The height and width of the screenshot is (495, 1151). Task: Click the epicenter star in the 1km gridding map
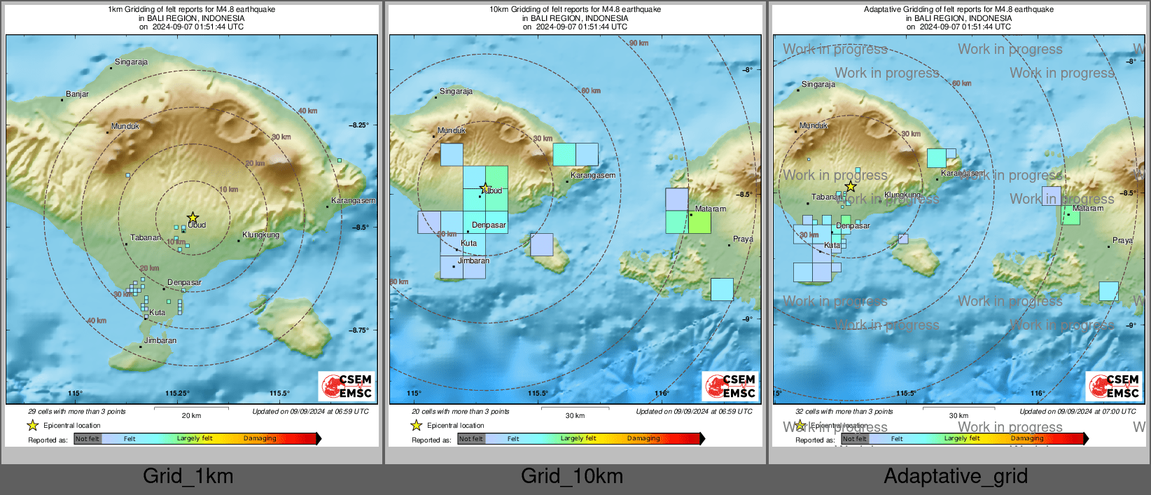(193, 218)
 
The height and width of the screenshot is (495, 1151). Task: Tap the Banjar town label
(77, 94)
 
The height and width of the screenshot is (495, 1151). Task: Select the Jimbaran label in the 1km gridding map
(160, 340)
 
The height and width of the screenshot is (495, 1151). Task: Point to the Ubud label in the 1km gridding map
(197, 225)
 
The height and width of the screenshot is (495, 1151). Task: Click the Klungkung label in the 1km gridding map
(260, 235)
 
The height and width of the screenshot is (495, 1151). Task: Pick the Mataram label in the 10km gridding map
(710, 209)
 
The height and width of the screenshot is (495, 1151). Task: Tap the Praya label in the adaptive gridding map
(1122, 240)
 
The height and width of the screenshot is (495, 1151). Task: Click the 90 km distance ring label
(639, 43)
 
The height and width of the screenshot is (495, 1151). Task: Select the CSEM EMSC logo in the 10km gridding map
(730, 386)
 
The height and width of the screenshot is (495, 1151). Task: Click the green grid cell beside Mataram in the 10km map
(699, 222)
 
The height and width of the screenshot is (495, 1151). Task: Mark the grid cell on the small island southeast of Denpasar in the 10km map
(541, 244)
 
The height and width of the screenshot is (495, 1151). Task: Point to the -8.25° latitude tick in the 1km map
(359, 125)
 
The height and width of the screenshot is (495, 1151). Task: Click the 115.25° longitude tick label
(177, 393)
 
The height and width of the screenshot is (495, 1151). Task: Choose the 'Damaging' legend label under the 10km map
(643, 438)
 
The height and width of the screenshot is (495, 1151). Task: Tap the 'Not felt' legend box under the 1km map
(88, 439)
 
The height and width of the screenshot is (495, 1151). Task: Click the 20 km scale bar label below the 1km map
(191, 415)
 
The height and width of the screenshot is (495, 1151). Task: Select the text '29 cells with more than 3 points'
(77, 412)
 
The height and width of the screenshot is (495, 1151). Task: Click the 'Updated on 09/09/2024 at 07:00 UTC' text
(1077, 412)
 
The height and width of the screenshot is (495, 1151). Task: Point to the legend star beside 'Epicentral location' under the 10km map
(416, 425)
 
